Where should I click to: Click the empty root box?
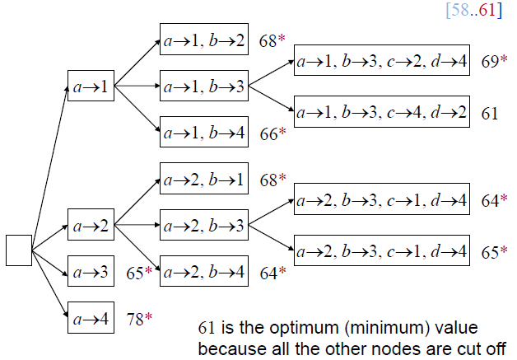point(19,250)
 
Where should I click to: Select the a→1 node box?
point(91,86)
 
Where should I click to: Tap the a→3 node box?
point(91,271)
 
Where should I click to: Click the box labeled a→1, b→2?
point(203,40)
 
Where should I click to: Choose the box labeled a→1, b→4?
point(203,132)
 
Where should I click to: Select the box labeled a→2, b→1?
point(203,179)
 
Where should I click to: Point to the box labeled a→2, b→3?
point(203,225)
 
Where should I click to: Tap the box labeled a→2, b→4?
point(203,271)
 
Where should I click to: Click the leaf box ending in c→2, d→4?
point(383,61)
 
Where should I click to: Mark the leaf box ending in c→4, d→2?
point(383,110)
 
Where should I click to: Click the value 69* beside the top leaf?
point(494,62)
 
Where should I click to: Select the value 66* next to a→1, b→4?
point(272,133)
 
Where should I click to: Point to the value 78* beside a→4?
point(138,317)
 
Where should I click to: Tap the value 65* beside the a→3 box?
point(138,271)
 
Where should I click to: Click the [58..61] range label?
point(473,11)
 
